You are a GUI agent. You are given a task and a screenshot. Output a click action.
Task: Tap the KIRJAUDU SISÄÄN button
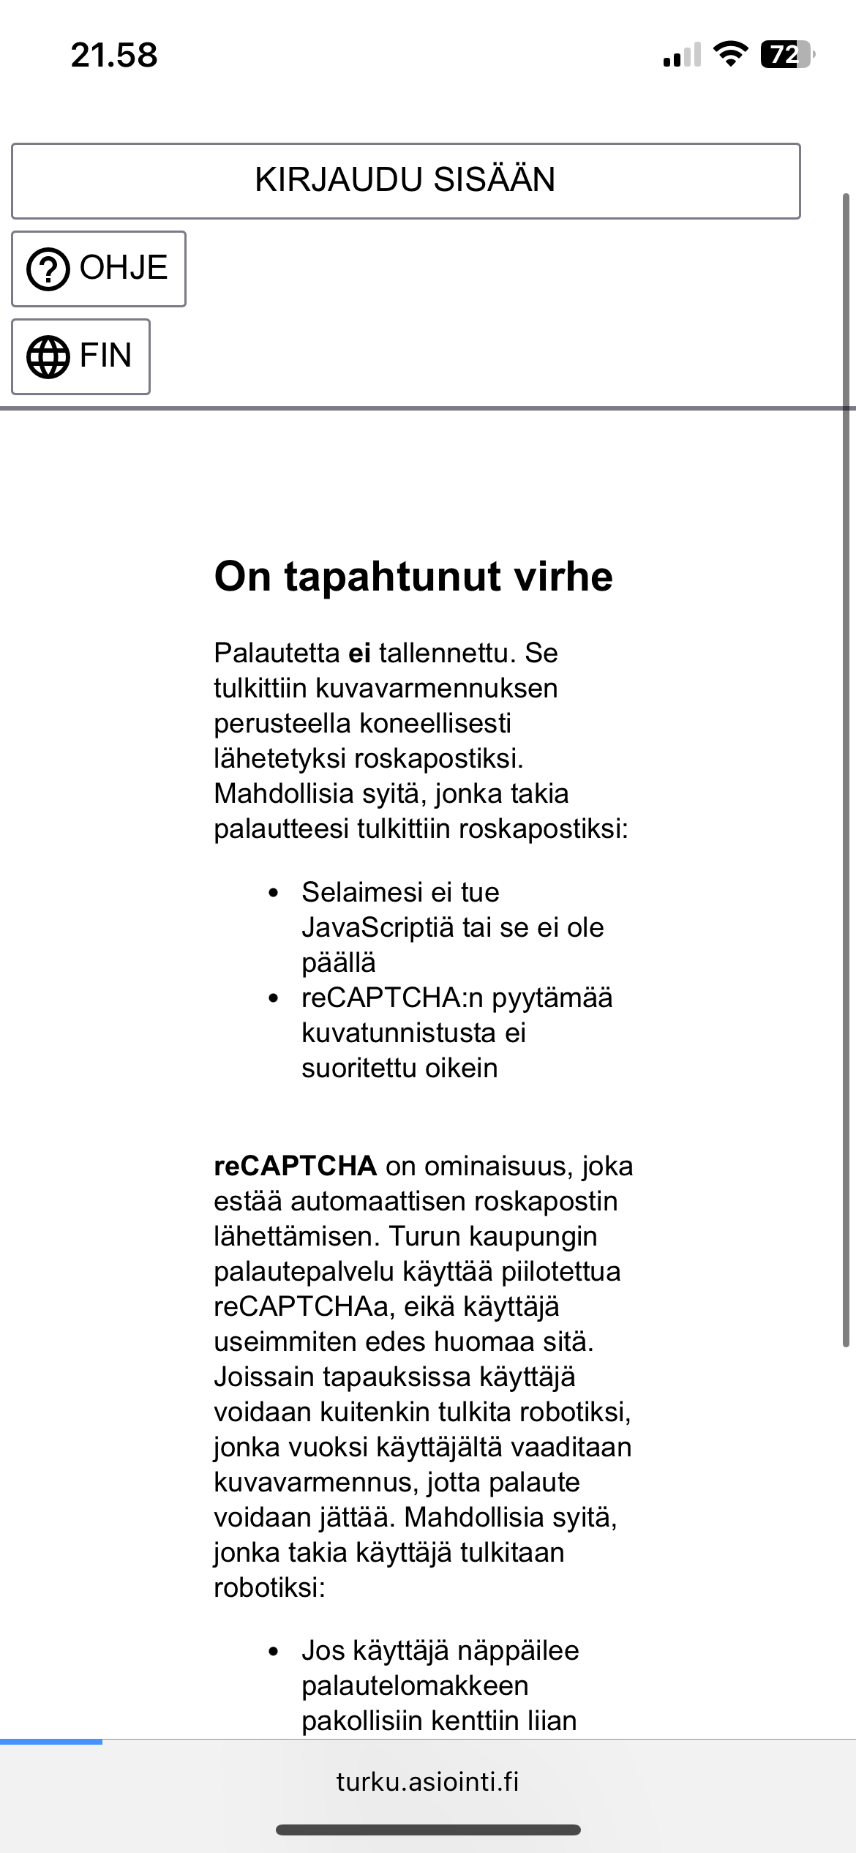pyautogui.click(x=405, y=181)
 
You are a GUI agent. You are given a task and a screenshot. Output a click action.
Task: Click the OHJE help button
pyautogui.click(x=99, y=269)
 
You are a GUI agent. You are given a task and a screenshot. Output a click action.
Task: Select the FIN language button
pyautogui.click(x=80, y=356)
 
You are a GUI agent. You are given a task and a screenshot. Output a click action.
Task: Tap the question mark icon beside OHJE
pyautogui.click(x=48, y=269)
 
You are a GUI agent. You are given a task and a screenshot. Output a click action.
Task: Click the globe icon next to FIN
pyautogui.click(x=48, y=356)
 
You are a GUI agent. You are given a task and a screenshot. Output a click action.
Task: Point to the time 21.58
pyautogui.click(x=114, y=56)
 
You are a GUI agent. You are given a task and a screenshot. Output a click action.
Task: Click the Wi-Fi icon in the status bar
pyautogui.click(x=729, y=54)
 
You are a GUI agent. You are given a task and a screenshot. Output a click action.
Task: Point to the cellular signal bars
pyautogui.click(x=681, y=56)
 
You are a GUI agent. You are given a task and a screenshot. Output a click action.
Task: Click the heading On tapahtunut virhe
pyautogui.click(x=413, y=576)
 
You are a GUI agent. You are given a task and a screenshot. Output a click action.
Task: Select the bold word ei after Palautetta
pyautogui.click(x=359, y=653)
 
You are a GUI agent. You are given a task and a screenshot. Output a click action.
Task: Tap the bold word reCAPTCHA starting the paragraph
pyautogui.click(x=295, y=1166)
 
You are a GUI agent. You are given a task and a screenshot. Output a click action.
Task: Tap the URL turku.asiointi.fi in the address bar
pyautogui.click(x=427, y=1781)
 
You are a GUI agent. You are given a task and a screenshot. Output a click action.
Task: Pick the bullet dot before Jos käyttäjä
pyautogui.click(x=274, y=1652)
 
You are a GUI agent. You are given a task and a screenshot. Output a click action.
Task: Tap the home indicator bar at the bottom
pyautogui.click(x=428, y=1830)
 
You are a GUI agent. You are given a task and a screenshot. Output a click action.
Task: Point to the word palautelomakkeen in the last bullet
pyautogui.click(x=415, y=1685)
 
